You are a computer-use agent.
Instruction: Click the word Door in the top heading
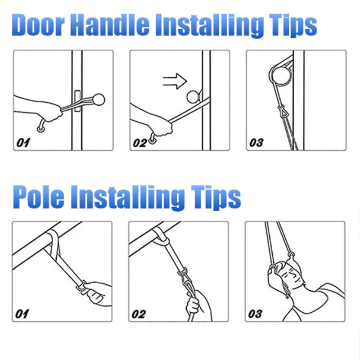pos(38,25)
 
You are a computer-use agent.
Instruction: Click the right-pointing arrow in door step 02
pos(175,81)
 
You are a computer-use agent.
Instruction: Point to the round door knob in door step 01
pos(99,99)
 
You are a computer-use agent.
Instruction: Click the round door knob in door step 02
pos(193,97)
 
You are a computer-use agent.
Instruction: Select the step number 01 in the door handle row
pos(23,143)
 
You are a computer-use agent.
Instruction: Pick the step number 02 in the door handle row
pos(139,143)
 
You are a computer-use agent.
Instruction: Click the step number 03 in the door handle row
pos(256,143)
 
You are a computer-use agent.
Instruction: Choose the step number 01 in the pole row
pos(22,314)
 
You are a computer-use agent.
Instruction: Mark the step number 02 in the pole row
pos(139,314)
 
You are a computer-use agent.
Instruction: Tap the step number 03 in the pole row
pos(255,314)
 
